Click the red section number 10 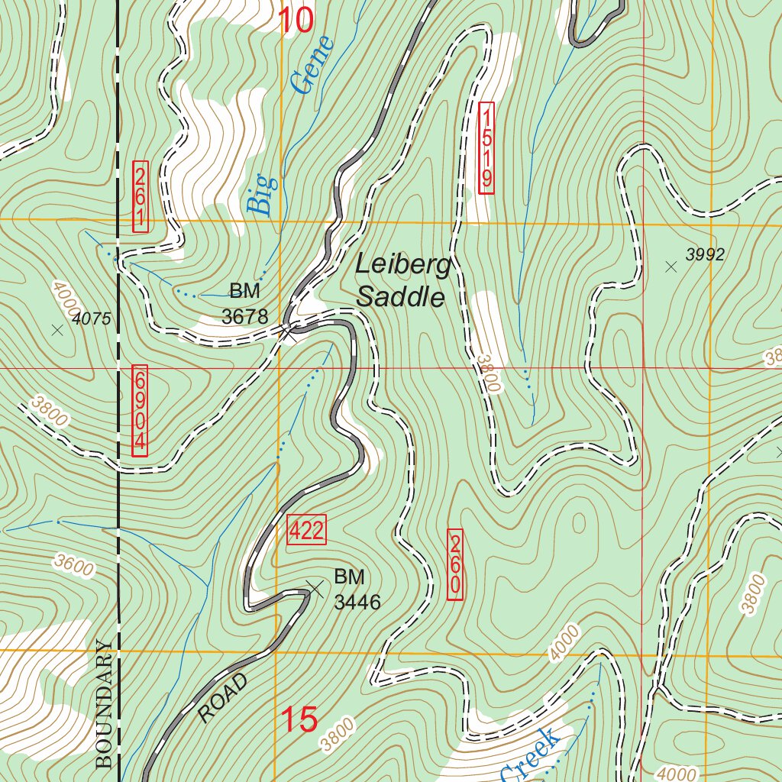296,21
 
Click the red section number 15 299,719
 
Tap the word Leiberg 404,266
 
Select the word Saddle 400,296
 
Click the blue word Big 260,194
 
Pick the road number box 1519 486,147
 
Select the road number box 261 140,196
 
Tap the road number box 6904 140,411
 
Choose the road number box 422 306,530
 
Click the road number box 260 454,564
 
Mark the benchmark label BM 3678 245,303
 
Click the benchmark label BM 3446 357,589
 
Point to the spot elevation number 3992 704,255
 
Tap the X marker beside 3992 671,267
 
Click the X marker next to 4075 57,330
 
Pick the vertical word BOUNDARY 105,703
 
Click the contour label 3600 74,566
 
